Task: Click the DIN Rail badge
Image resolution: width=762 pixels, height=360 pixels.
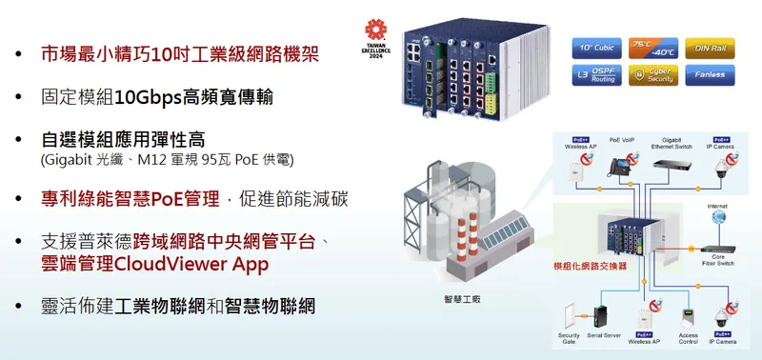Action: tap(708, 47)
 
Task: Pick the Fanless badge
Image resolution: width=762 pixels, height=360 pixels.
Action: tap(708, 74)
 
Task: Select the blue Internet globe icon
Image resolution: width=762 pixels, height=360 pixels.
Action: tap(716, 220)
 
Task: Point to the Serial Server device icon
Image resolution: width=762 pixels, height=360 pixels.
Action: tap(602, 314)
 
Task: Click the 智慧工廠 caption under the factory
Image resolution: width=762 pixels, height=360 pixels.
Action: tap(463, 299)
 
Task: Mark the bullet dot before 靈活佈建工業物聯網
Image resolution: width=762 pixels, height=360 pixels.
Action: tap(22, 307)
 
